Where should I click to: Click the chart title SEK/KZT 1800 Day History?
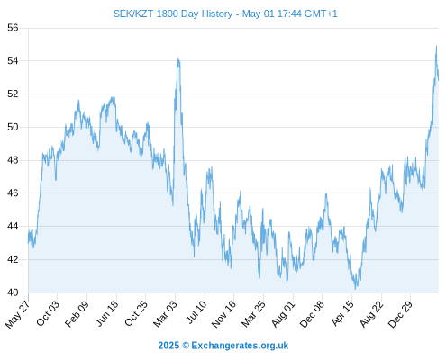(173, 13)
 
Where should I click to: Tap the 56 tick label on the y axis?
(13, 28)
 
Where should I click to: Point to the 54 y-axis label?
(13, 61)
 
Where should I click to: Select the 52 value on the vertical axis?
(13, 94)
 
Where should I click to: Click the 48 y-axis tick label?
(13, 160)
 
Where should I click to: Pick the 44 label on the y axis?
(13, 226)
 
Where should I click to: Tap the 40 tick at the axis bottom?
(13, 292)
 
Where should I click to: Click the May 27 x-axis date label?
(17, 314)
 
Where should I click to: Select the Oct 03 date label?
(48, 313)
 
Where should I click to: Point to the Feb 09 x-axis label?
(77, 313)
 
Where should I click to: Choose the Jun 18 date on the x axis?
(106, 313)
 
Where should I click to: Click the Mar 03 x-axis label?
(165, 314)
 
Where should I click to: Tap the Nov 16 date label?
(223, 314)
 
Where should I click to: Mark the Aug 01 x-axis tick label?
(283, 314)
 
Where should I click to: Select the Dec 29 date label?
(399, 314)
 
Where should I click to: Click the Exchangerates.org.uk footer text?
(240, 346)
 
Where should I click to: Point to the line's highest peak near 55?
(436, 46)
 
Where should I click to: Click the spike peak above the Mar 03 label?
(178, 58)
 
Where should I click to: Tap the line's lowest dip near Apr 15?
(356, 289)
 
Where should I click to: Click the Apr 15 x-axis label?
(341, 313)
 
